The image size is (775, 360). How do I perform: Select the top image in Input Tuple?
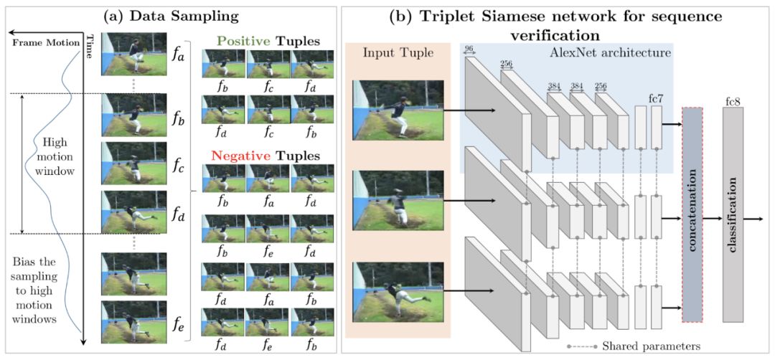(398, 110)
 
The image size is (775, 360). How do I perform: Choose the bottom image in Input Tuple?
(398, 290)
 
